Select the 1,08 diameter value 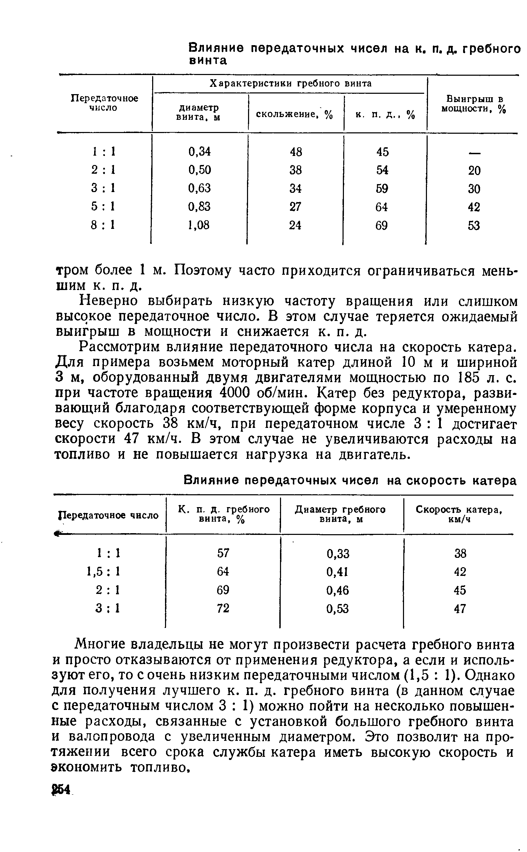[199, 225]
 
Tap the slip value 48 [296, 151]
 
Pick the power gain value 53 [474, 225]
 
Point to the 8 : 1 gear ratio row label [103, 225]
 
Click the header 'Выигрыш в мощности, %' [473, 104]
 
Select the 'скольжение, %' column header [295, 114]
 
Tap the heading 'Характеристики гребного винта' [290, 83]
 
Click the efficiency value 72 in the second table [223, 608]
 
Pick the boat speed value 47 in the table [460, 609]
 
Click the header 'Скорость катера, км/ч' [459, 514]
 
